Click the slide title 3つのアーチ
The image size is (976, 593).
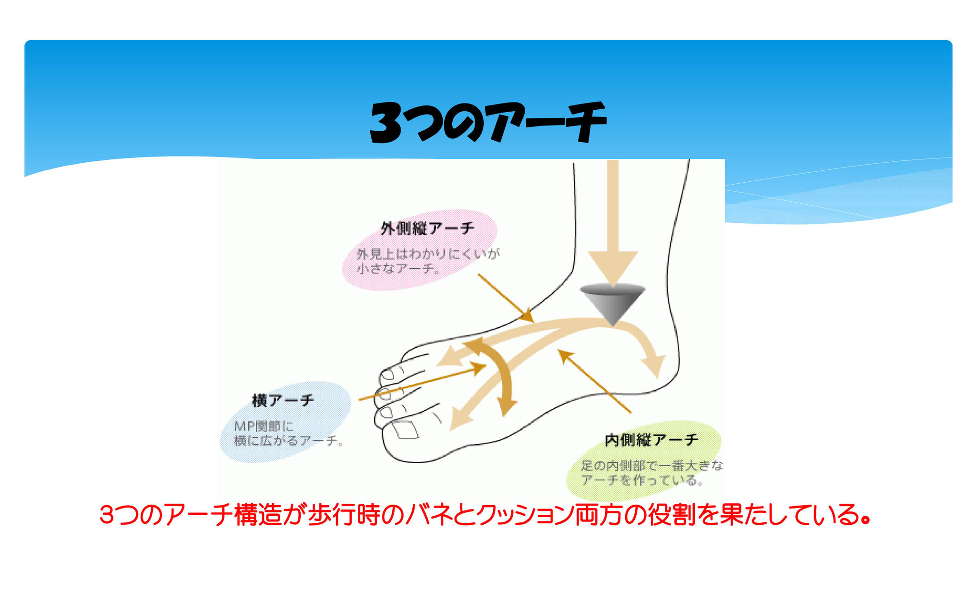(x=488, y=122)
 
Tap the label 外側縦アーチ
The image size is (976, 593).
(x=427, y=229)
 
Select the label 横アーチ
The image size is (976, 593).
(x=283, y=400)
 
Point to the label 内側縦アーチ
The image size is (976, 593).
(x=651, y=440)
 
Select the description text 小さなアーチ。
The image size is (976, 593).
(x=398, y=269)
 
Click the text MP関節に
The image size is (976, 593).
(x=264, y=426)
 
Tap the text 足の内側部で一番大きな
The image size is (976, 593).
(x=652, y=465)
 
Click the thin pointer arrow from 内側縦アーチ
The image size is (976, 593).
(x=595, y=381)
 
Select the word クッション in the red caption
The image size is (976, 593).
(x=524, y=516)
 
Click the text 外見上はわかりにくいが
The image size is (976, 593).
(x=428, y=254)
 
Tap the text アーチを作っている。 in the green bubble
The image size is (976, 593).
(x=643, y=480)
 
